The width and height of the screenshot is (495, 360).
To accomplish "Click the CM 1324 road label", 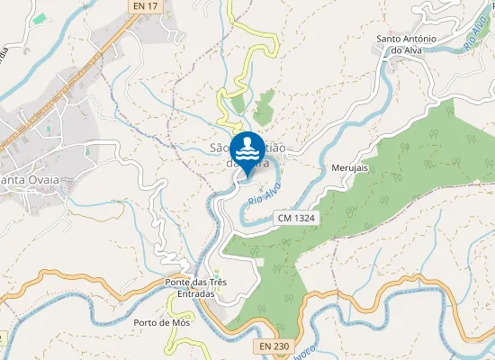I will [x=296, y=218].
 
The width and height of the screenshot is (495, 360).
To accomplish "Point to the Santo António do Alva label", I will [x=406, y=45].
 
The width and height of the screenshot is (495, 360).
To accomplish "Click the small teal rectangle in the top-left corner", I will [x=38, y=18].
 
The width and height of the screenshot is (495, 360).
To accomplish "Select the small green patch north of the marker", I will [x=264, y=109].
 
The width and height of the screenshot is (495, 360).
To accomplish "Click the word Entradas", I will [x=196, y=294].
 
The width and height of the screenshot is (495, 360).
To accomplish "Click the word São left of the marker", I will [x=219, y=148].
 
